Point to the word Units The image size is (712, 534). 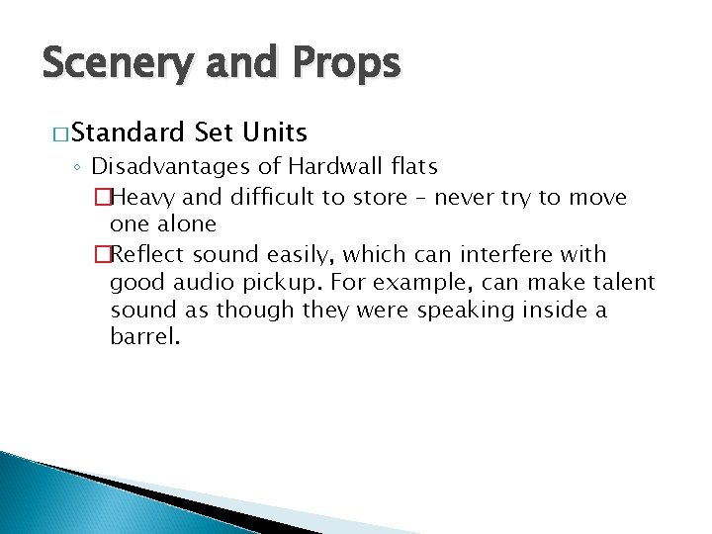(x=272, y=132)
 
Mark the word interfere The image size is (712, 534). (x=515, y=255)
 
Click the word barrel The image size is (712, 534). (x=144, y=339)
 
